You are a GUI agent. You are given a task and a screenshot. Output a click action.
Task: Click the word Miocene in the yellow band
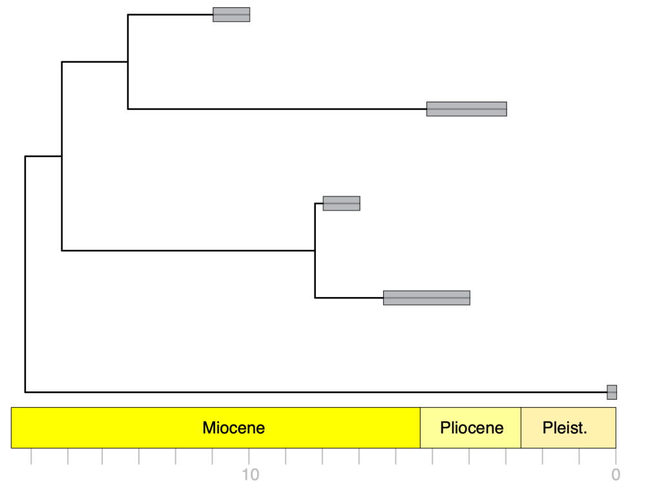point(233,428)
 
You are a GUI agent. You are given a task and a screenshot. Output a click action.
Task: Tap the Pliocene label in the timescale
point(472,428)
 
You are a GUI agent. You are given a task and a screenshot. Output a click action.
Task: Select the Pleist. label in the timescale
point(565,428)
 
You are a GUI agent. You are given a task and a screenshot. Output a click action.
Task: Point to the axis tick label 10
point(250,475)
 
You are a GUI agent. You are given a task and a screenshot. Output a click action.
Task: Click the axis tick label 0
point(616,475)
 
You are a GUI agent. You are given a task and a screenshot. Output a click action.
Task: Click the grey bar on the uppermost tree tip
point(231,14)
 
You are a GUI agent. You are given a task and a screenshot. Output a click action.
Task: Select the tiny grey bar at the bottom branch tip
point(611,392)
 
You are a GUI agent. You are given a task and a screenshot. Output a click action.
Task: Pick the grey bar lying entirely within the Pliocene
point(467,109)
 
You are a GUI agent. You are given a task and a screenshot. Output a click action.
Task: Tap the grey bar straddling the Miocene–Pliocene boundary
point(426,298)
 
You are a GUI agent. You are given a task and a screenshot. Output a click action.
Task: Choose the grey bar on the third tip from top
point(341,204)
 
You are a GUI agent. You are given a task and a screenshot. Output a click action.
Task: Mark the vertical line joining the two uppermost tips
point(128,61)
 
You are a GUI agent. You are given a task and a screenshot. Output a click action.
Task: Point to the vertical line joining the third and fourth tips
point(315,251)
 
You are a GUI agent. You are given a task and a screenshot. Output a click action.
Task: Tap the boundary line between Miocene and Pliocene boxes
point(420,428)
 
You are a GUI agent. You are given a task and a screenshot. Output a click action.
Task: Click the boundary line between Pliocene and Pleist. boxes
point(521,428)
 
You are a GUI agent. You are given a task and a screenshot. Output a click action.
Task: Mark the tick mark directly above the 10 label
point(249,456)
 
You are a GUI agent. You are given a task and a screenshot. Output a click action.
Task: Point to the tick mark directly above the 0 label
point(616,456)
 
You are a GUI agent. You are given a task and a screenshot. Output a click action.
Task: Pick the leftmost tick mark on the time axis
point(31,456)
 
